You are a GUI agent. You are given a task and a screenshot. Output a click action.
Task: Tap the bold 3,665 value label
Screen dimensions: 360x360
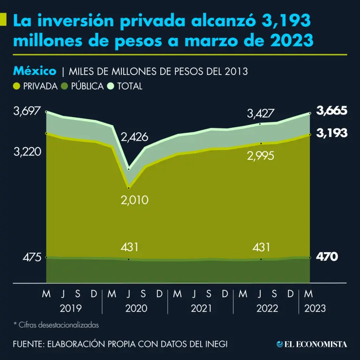point(331,111)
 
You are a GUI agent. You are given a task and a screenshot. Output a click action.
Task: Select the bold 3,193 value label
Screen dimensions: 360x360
point(331,133)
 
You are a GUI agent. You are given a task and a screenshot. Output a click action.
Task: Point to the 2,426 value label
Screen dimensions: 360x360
point(134,137)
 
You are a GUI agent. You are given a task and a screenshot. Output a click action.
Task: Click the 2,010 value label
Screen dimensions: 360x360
point(134,200)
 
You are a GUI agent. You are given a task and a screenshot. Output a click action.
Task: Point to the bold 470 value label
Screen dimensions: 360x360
point(327,257)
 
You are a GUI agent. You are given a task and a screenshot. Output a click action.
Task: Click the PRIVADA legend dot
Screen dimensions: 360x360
point(17,86)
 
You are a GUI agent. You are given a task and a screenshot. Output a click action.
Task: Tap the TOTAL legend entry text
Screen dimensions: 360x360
point(130,86)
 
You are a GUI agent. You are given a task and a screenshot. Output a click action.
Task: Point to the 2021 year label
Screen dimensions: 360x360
point(201,308)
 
